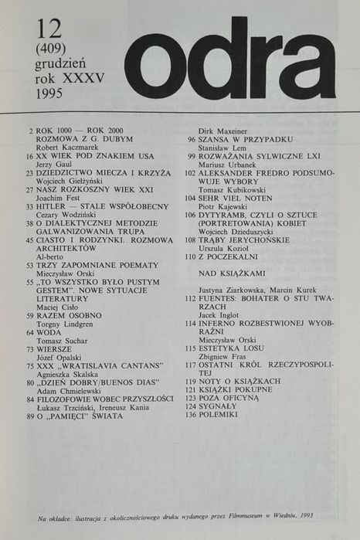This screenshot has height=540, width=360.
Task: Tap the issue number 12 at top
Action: click(x=49, y=29)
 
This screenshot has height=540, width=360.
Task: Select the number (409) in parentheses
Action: click(x=50, y=51)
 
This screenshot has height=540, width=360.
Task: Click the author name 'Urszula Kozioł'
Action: click(x=223, y=249)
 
